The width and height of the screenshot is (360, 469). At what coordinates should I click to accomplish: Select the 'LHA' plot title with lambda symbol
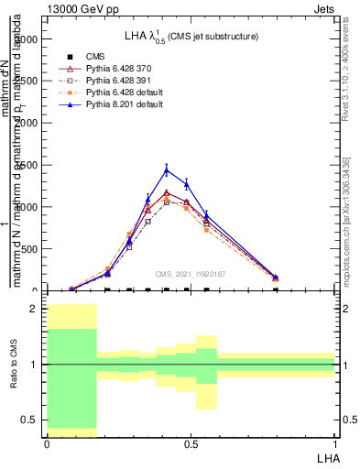[x=191, y=36]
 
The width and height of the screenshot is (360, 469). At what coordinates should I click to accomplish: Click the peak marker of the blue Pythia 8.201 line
[x=166, y=169]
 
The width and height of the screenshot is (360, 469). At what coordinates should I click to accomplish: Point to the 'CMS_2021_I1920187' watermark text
[x=191, y=274]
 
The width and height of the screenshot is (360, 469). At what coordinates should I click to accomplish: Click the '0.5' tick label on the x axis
[x=191, y=443]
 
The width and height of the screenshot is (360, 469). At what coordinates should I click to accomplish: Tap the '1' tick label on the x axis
[x=334, y=443]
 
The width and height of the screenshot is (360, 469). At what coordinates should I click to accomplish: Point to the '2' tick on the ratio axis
[x=33, y=309]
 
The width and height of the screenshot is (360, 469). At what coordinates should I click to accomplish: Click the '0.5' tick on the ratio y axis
[x=29, y=420]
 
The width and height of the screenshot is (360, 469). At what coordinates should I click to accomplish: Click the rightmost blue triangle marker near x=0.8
[x=276, y=277]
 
